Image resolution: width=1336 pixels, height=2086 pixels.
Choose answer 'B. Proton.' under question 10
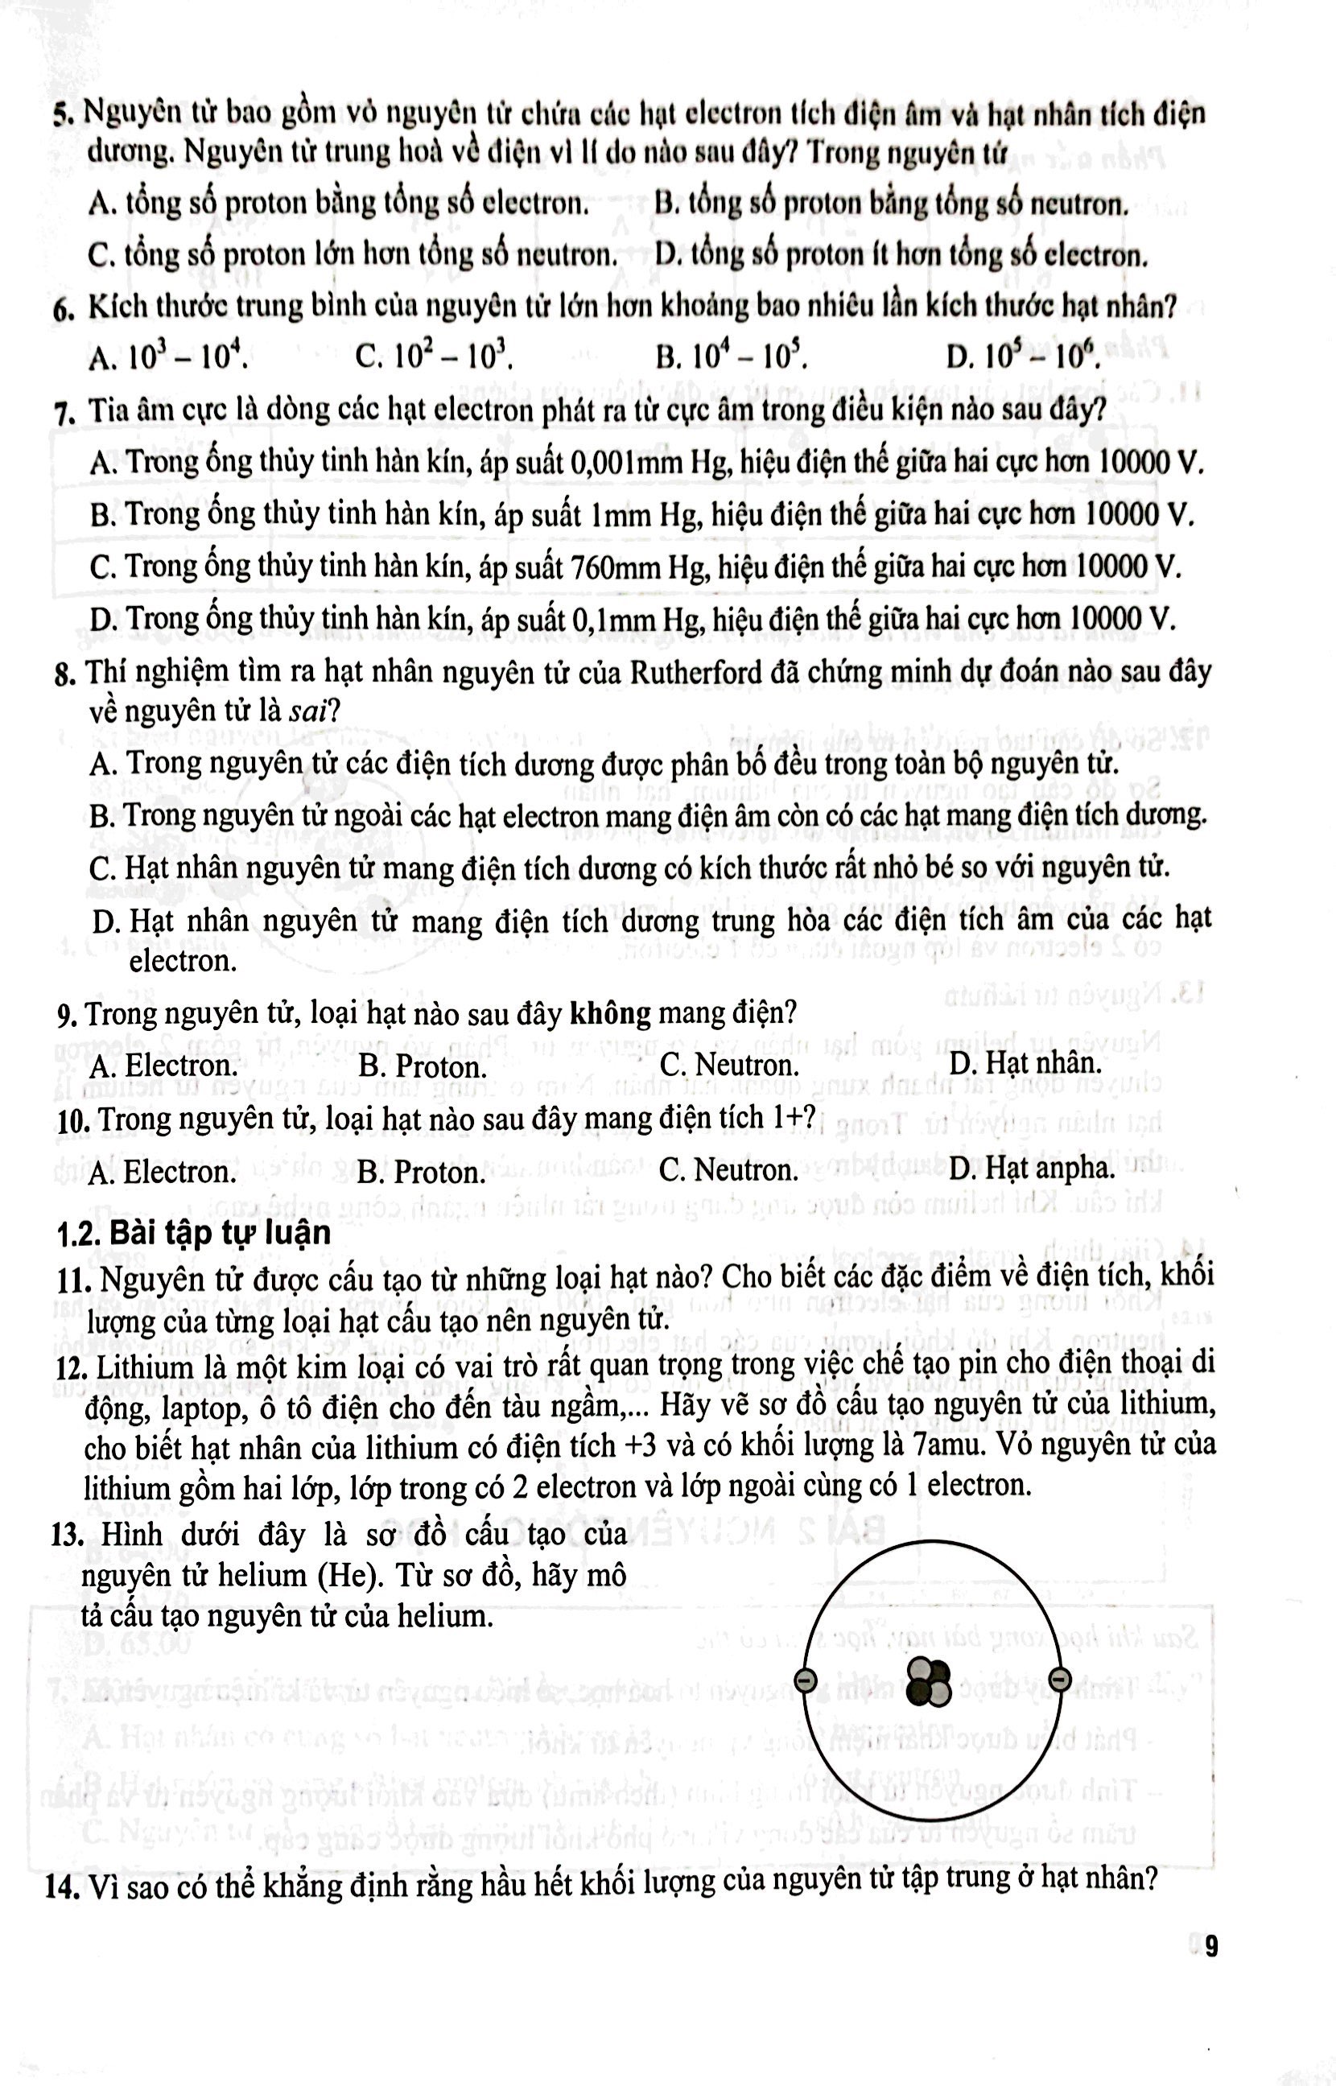[421, 1173]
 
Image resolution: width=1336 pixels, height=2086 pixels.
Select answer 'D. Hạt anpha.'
[1032, 1169]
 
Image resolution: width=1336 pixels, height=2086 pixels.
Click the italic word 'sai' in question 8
[308, 712]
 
